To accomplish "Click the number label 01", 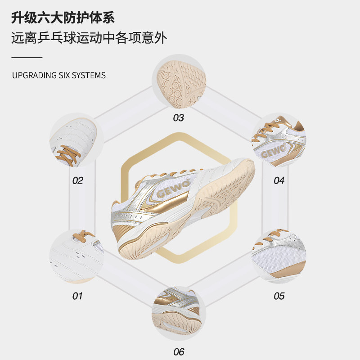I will point(78,296).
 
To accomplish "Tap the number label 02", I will point(78,181).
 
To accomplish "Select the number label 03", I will point(179,118).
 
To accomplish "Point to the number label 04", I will point(279,181).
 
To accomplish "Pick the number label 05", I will point(279,296).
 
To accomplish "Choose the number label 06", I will point(179,352).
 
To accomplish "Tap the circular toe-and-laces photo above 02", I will point(76,140).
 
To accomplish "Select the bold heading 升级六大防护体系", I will point(63,18).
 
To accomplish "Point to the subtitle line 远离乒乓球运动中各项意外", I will point(89,38).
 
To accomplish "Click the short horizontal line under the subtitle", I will point(27,57).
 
